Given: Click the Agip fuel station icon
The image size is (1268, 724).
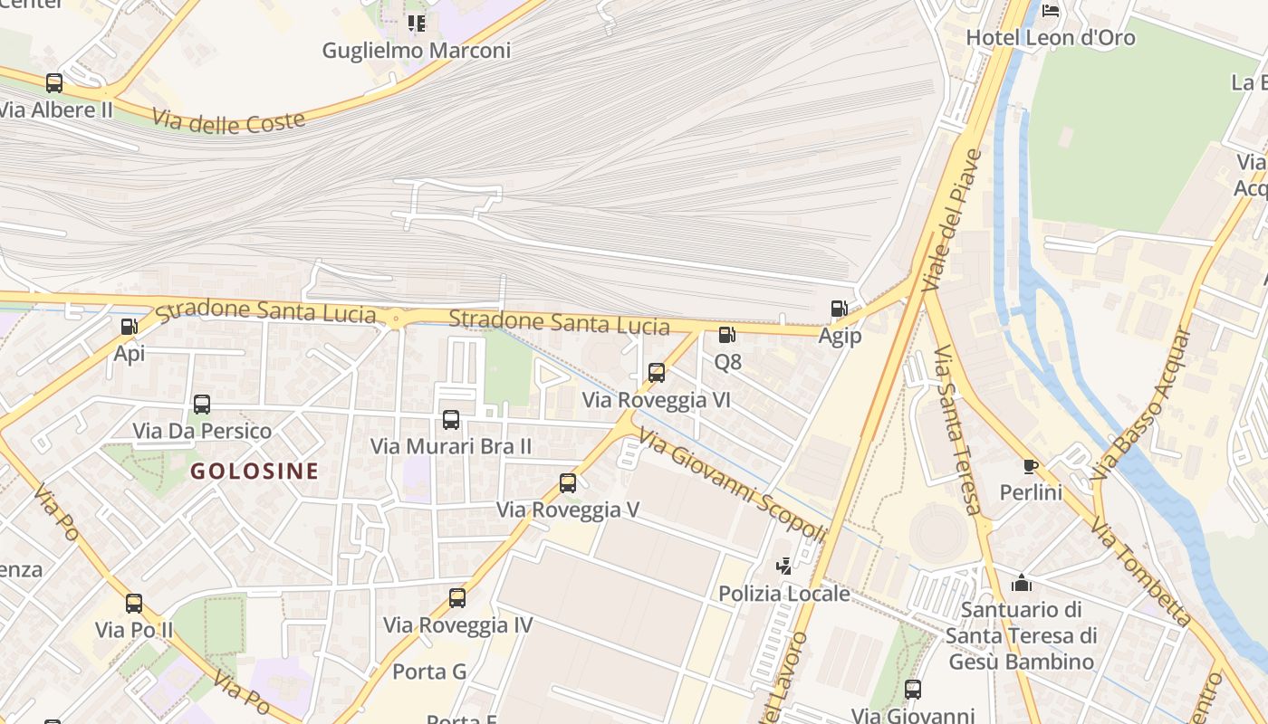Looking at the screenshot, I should [x=840, y=309].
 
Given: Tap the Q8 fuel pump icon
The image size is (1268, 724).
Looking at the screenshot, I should [x=726, y=335].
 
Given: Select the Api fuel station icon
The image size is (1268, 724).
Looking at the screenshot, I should [x=130, y=327].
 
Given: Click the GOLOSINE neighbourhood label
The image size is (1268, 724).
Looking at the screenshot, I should [x=255, y=471].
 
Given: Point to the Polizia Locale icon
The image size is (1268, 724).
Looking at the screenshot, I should [x=784, y=567].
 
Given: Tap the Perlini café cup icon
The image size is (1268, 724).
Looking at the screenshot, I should [x=1030, y=466].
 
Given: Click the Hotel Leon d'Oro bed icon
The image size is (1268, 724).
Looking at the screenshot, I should [x=1051, y=11].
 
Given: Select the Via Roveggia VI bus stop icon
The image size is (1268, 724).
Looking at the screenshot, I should [x=657, y=372].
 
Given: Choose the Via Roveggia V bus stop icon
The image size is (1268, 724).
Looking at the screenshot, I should [x=568, y=482].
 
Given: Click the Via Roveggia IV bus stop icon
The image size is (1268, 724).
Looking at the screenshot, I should [x=457, y=597].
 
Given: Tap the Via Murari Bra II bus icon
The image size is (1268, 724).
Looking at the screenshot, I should [x=451, y=419].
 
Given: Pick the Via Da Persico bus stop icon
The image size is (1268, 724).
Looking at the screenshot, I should [x=202, y=404].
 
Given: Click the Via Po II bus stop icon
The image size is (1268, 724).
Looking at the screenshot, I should [x=134, y=603].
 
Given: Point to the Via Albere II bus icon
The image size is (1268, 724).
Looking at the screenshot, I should [x=54, y=83].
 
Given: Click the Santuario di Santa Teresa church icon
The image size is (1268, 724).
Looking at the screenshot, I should [x=1022, y=583].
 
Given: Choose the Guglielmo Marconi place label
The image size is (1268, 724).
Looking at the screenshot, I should [x=417, y=51].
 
